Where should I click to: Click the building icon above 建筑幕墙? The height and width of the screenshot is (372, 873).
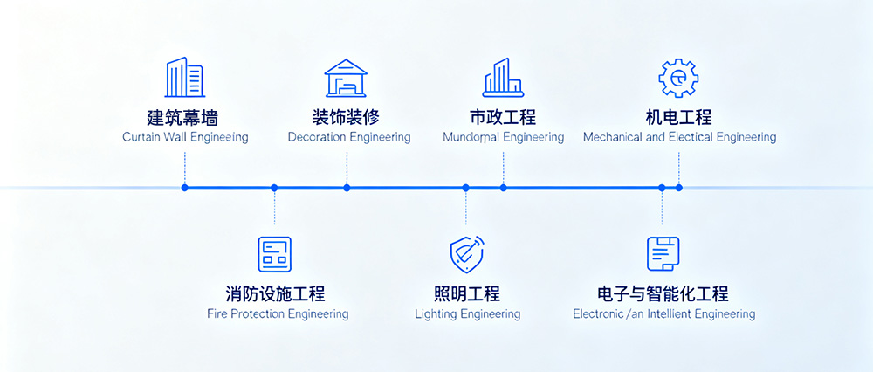tap(185, 78)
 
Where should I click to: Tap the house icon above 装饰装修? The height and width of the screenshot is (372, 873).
tap(347, 78)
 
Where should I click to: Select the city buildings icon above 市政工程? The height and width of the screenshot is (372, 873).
tap(503, 78)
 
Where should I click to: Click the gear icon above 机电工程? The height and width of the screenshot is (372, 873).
tap(677, 78)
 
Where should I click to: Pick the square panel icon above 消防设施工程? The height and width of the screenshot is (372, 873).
tap(274, 254)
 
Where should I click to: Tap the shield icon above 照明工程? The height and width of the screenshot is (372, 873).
tap(466, 254)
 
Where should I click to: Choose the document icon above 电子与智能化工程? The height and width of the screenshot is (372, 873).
tap(663, 254)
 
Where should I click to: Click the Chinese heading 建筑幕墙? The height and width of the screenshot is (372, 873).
tap(185, 117)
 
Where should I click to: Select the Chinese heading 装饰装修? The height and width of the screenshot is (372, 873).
tap(347, 117)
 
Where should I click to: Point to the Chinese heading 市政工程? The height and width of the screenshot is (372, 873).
tap(503, 117)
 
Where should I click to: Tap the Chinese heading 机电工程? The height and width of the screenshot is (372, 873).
tap(678, 117)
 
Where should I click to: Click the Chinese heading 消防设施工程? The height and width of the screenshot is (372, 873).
tap(275, 293)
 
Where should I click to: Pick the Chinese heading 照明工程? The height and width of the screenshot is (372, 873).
tap(467, 293)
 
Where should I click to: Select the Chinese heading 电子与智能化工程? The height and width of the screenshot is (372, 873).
tap(663, 293)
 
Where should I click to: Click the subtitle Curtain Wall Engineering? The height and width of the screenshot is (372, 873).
tap(185, 137)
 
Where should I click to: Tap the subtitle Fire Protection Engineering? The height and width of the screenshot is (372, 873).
tap(278, 314)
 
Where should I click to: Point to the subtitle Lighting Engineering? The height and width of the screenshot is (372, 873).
tap(467, 314)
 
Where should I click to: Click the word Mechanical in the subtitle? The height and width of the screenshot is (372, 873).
tap(612, 137)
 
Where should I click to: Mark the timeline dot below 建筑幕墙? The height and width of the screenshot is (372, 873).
tap(185, 188)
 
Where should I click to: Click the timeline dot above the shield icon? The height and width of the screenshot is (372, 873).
tap(466, 188)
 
